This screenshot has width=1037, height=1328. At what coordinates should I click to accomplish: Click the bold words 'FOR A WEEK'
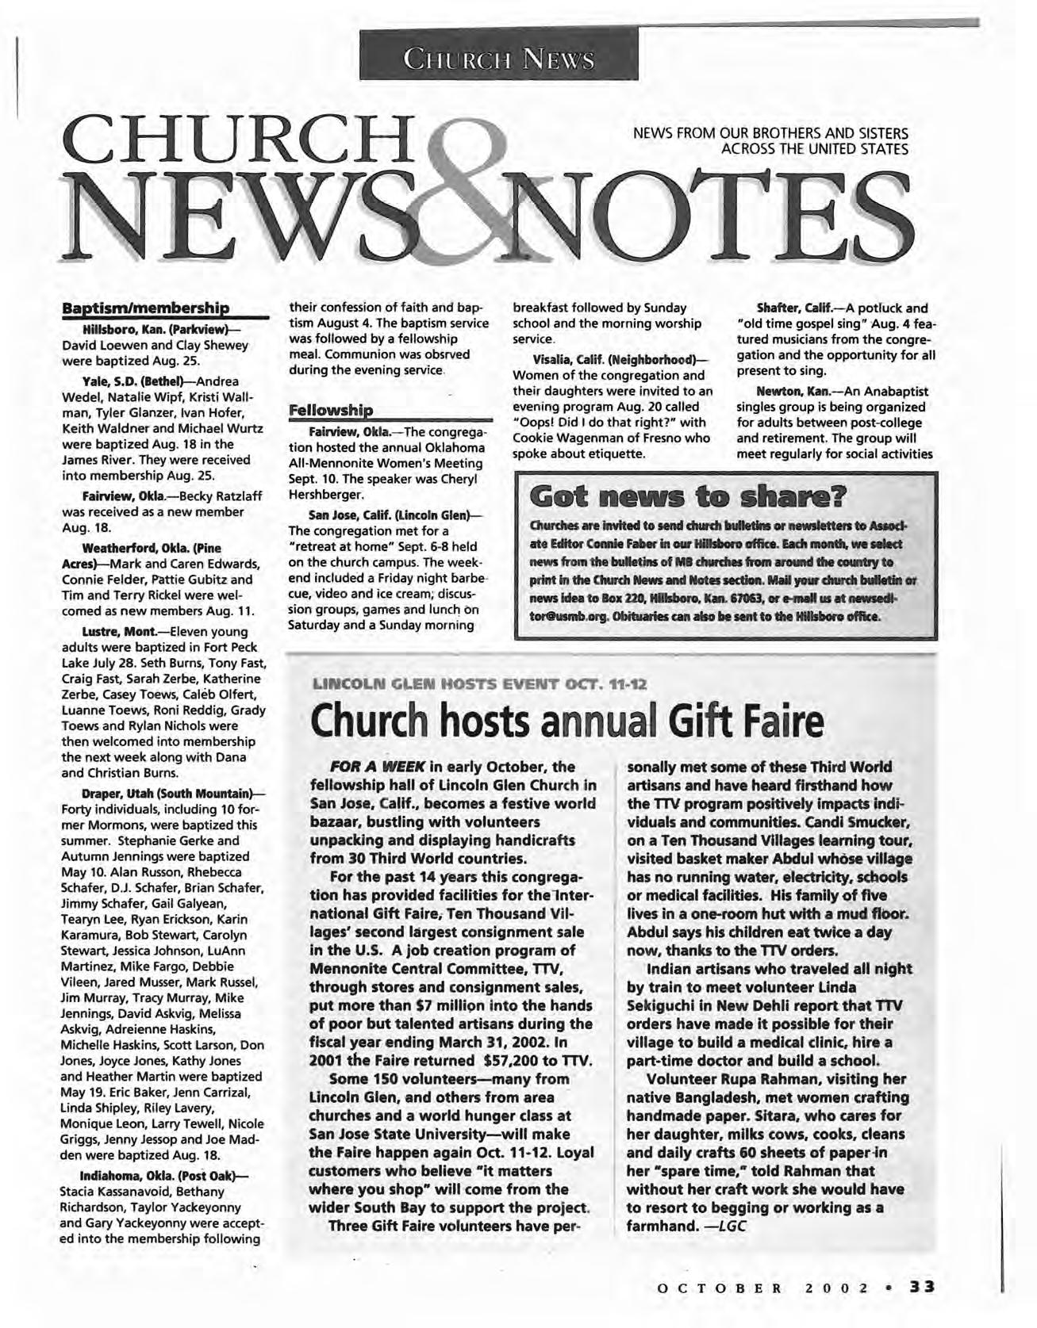[376, 767]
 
